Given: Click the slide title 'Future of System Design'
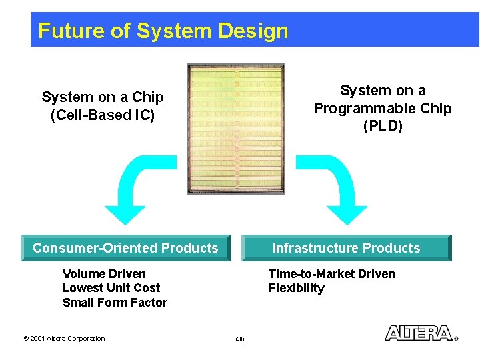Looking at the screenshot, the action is (163, 31).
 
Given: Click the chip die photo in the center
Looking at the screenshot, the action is (236, 129).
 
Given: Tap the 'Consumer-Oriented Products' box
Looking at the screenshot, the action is (125, 248).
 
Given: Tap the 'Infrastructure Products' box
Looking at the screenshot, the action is (346, 248).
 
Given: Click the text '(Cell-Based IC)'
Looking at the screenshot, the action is (103, 115).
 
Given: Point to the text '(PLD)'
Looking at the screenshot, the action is (383, 126).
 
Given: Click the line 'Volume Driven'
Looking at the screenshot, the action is (104, 274).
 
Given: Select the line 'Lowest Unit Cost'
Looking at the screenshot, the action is (111, 288).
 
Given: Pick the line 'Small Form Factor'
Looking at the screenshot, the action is (115, 303).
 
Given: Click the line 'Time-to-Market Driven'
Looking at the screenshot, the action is (331, 274).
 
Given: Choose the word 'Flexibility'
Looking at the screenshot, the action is (297, 288).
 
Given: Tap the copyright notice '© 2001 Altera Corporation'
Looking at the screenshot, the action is (64, 339).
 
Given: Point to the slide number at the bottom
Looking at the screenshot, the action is (240, 339).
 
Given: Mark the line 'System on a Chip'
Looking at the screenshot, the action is (103, 97).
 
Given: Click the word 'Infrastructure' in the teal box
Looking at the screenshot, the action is (315, 248).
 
